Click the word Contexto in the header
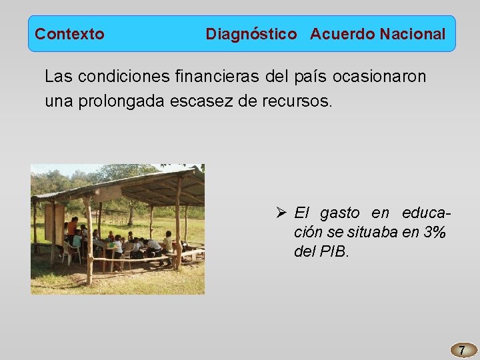tap(69, 34)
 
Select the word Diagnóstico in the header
tap(251, 34)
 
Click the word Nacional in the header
tap(413, 34)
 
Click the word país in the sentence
tap(308, 77)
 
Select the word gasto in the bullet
tap(339, 213)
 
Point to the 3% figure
tap(435, 233)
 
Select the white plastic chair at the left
tap(68, 252)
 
